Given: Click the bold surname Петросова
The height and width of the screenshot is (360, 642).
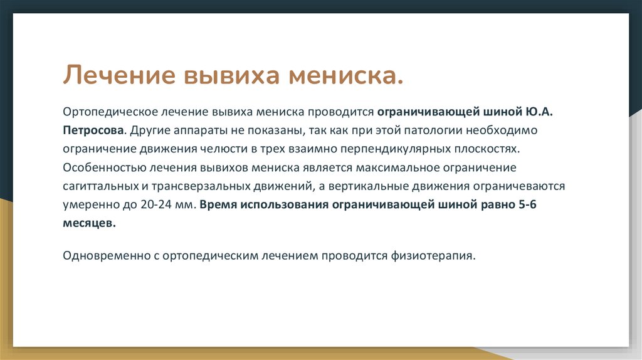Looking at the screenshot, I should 93,131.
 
